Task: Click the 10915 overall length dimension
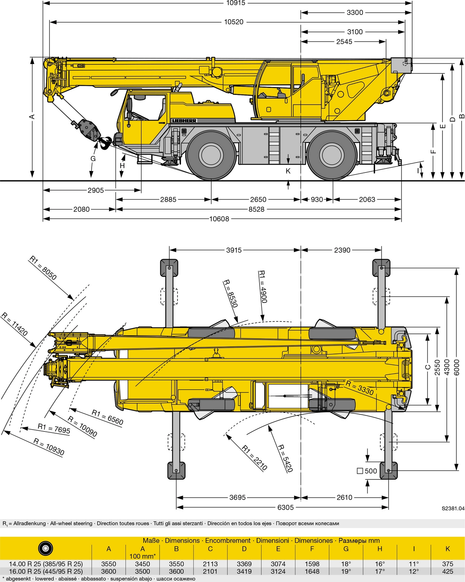(236, 3)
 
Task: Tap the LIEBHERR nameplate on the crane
(184, 121)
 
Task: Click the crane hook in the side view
(105, 143)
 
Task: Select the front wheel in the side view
(211, 155)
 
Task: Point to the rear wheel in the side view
(332, 155)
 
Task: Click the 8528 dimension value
(256, 209)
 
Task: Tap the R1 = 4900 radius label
(262, 286)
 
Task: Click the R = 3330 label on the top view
(360, 388)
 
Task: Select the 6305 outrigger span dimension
(285, 507)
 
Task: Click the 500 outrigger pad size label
(370, 471)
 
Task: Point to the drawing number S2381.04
(453, 509)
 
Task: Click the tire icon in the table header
(45, 548)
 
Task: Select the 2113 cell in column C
(210, 564)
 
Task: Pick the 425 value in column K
(448, 571)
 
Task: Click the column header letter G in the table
(346, 549)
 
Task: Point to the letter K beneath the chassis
(288, 171)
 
